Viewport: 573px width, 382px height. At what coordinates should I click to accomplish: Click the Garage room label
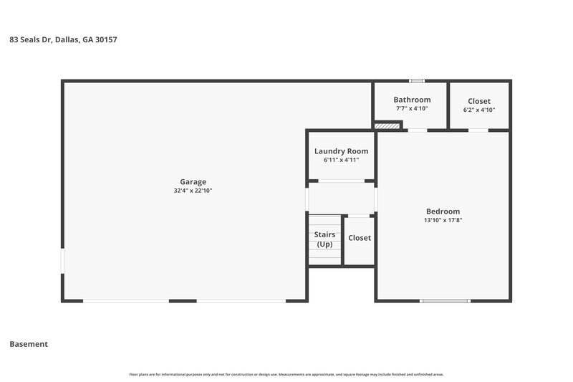point(193,182)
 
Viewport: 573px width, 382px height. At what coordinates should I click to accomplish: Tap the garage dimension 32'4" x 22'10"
point(193,191)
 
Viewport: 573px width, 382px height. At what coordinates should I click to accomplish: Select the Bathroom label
point(412,100)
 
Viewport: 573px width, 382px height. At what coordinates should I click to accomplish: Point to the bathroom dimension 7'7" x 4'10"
point(412,109)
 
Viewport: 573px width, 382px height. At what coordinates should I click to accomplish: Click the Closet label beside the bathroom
point(479,101)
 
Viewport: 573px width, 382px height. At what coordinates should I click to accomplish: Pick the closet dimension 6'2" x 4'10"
point(479,110)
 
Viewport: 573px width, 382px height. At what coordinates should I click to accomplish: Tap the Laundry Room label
point(341,151)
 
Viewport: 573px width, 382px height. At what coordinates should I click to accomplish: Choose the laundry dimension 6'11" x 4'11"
point(341,161)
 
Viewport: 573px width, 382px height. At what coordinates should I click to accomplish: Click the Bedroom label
point(443,211)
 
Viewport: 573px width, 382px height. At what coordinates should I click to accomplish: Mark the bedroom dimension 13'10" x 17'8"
point(443,221)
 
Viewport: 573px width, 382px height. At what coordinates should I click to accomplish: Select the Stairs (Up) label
point(324,239)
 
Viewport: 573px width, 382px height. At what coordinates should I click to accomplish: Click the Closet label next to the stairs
point(359,238)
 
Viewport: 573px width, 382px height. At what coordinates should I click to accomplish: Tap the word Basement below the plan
point(29,344)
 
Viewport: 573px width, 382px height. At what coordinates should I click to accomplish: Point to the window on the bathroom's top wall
point(416,80)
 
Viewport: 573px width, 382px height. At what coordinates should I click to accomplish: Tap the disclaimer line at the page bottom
point(286,374)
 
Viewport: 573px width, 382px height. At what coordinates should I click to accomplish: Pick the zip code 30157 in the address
point(105,40)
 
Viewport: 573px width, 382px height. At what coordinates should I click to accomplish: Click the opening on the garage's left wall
point(62,261)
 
